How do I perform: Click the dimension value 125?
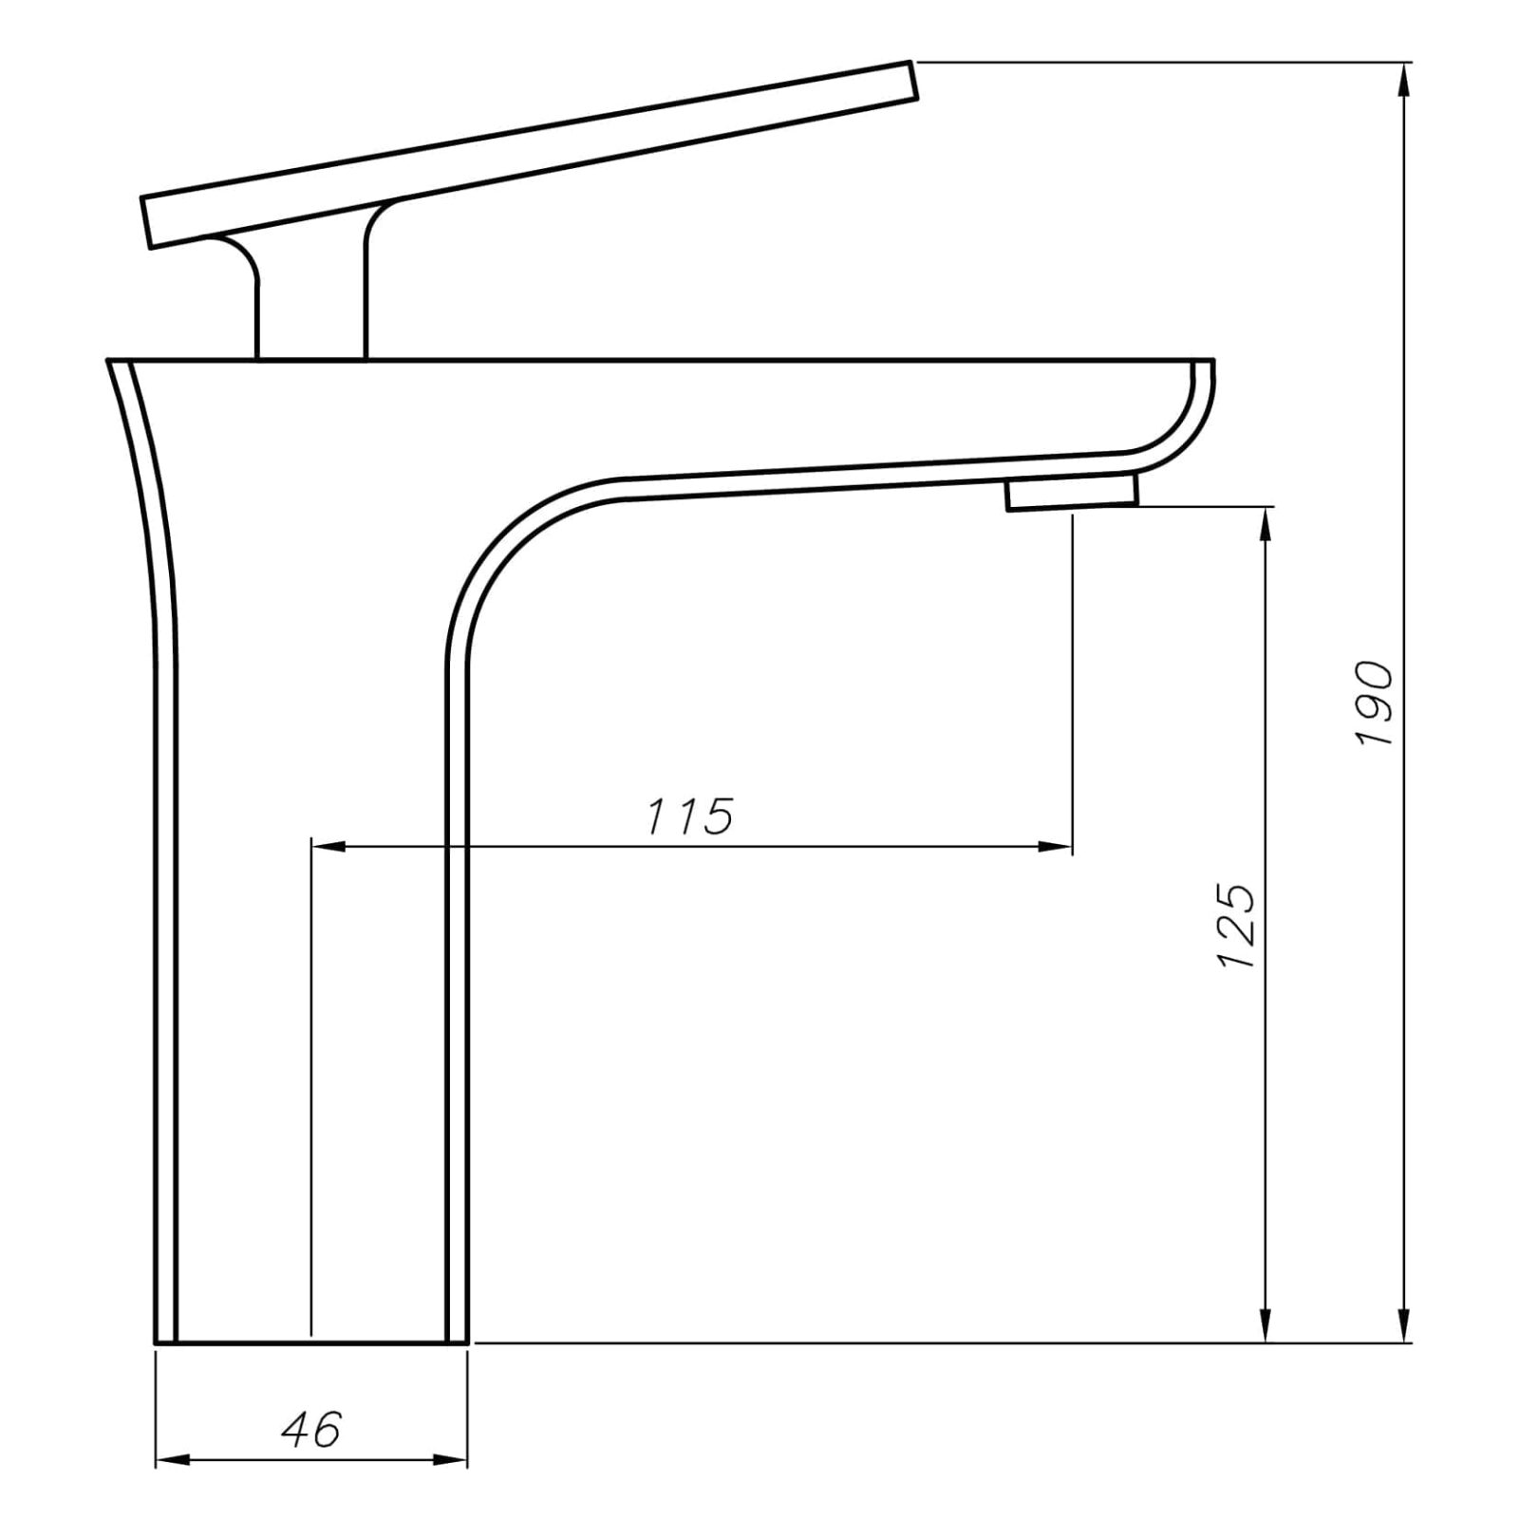tap(1237, 927)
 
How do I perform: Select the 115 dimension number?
tap(690, 816)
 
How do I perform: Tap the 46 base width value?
tap(310, 1429)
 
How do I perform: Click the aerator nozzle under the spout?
tap(1072, 493)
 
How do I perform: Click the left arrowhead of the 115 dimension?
tap(328, 845)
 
